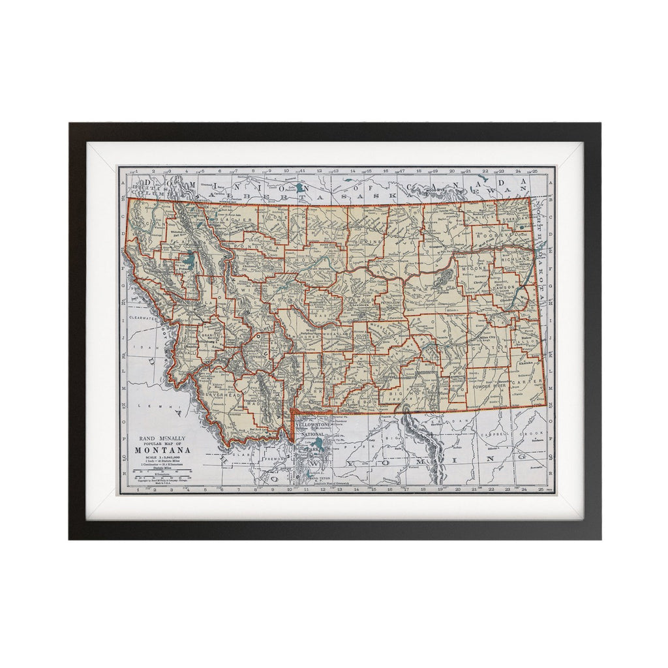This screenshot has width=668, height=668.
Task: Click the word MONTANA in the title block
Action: pos(162,450)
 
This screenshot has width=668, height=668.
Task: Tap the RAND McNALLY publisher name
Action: pos(162,438)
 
